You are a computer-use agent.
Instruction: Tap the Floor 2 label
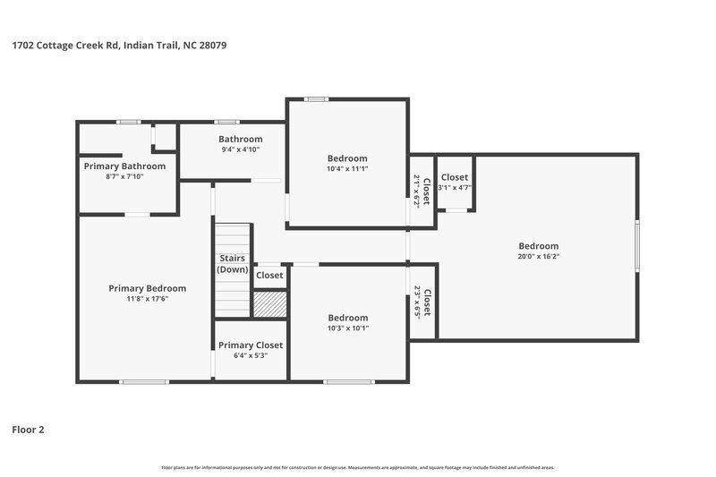click(x=28, y=430)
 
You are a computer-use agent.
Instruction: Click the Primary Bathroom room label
click(x=124, y=166)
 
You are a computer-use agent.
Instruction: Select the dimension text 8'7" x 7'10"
click(x=124, y=177)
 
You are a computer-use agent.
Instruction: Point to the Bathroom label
click(x=241, y=139)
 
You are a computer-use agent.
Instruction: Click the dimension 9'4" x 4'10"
click(x=241, y=149)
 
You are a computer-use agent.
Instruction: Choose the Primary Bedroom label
click(x=148, y=288)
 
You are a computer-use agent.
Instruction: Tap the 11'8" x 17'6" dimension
click(x=148, y=299)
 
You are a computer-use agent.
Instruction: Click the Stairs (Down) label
click(x=233, y=264)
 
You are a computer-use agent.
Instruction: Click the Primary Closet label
click(x=251, y=345)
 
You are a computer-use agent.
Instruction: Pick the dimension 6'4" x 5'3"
click(x=251, y=356)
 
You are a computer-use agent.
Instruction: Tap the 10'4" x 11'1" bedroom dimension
click(x=347, y=168)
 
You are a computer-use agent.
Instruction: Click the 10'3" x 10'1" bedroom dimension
click(x=347, y=328)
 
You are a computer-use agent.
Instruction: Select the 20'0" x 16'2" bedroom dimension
click(x=539, y=257)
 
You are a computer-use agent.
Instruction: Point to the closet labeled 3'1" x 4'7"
click(x=455, y=183)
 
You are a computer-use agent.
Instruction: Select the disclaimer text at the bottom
click(x=358, y=467)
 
